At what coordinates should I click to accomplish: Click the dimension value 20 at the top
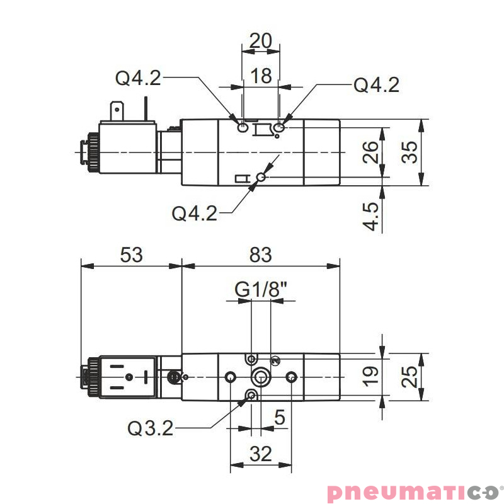tap(261, 40)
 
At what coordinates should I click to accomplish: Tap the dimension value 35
tap(409, 152)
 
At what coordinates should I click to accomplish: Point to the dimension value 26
tap(372, 152)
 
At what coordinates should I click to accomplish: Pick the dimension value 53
tap(131, 255)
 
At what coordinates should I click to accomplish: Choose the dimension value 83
tap(260, 255)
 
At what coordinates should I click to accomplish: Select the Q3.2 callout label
tap(150, 428)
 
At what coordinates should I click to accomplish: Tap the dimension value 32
tap(261, 453)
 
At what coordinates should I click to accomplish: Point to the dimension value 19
tap(372, 375)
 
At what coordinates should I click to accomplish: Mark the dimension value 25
tap(409, 377)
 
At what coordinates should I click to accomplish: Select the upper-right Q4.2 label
tap(376, 85)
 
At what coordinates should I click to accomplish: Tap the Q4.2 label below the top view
tap(195, 214)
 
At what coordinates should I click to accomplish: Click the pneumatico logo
tap(413, 491)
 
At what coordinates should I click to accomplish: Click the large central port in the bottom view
tap(260, 377)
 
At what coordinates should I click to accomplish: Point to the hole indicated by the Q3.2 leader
tap(251, 396)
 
